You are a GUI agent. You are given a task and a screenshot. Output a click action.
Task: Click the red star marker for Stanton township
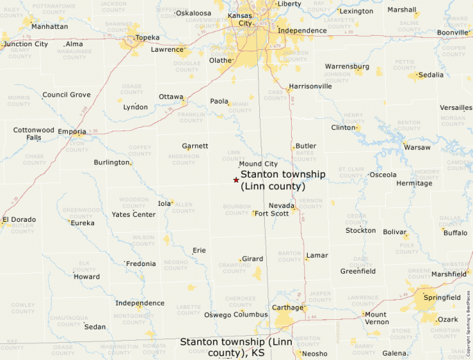236,180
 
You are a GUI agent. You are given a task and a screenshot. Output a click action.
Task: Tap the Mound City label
258,164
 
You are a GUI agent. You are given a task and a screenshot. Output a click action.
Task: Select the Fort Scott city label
272,214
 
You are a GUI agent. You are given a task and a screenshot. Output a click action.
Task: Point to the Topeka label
147,37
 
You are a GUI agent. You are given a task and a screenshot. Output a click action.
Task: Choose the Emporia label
72,131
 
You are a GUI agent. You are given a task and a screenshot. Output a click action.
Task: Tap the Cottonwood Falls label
33,133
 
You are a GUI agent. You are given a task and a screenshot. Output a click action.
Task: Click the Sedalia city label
431,75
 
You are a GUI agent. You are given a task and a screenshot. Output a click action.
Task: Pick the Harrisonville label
310,86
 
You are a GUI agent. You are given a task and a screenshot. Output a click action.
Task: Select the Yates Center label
133,214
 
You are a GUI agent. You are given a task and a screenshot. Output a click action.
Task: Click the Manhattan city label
50,26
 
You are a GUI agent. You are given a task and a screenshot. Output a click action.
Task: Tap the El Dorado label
19,220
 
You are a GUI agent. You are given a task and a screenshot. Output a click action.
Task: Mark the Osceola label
383,175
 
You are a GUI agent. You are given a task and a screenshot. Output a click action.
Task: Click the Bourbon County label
236,209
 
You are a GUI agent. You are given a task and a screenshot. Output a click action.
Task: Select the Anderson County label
184,160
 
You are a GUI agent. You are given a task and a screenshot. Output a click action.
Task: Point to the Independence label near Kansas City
302,30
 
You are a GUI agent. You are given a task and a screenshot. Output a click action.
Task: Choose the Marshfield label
449,274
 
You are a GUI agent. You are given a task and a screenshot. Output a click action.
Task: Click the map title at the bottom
236,347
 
